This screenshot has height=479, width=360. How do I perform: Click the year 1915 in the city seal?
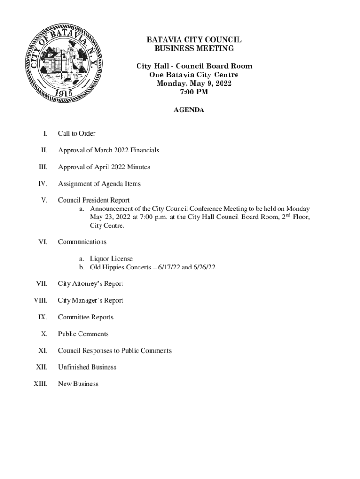point(63,93)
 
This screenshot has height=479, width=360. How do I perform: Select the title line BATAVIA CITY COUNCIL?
point(194,40)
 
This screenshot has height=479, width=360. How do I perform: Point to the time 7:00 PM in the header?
point(194,92)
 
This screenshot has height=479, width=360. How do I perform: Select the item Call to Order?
point(77,134)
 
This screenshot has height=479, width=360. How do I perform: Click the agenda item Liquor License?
point(111,259)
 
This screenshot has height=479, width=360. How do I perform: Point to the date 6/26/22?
point(204,267)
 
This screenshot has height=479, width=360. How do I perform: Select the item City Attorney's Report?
point(90,284)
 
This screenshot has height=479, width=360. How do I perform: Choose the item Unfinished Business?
point(87,367)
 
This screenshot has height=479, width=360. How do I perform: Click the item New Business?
point(78,384)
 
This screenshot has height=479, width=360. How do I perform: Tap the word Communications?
point(82,242)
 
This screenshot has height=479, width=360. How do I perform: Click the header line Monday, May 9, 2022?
point(194,84)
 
